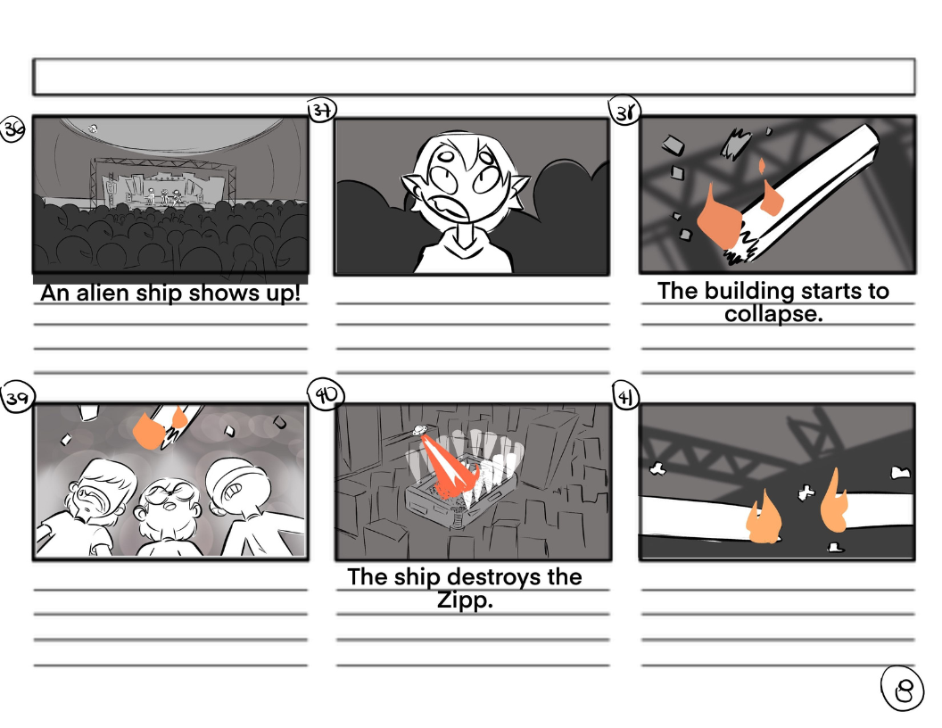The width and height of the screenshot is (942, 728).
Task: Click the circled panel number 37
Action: point(322,110)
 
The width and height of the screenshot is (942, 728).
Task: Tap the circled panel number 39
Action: point(18,397)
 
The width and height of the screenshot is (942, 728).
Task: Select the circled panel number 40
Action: point(326,394)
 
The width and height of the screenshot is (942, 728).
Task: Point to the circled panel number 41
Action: point(625,396)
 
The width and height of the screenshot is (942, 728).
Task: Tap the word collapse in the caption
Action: point(773,314)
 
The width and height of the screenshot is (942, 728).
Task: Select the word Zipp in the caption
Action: point(465,600)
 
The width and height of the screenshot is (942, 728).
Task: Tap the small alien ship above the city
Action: point(418,430)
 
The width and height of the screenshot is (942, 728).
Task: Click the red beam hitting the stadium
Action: point(450,464)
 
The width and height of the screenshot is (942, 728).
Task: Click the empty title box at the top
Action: point(474,77)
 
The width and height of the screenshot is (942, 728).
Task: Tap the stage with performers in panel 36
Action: point(162,184)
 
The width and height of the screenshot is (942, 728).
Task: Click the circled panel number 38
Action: point(625,112)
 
